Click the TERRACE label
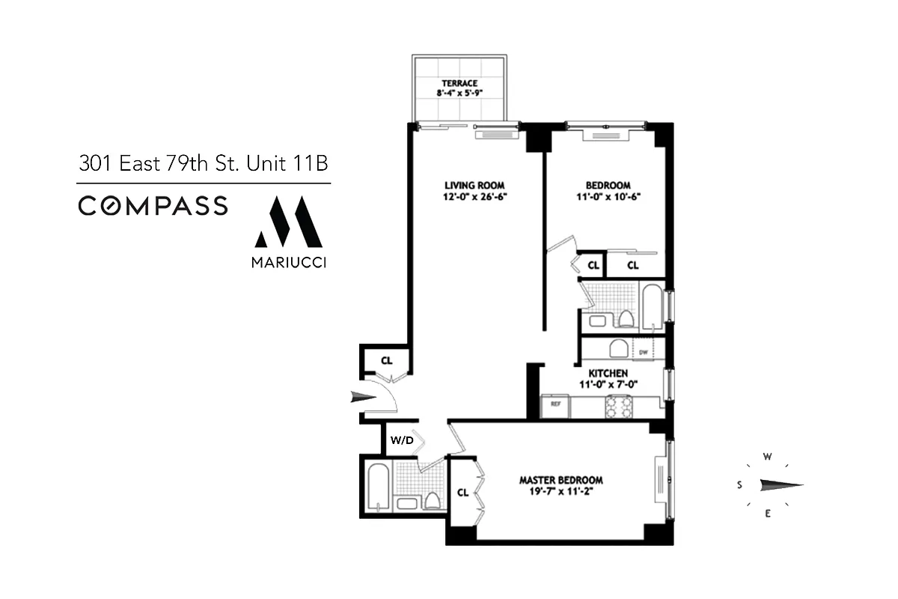tap(459, 83)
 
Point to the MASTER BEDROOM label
tap(561, 480)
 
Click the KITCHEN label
tap(608, 373)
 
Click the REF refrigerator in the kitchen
tap(556, 404)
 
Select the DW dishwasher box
tap(643, 350)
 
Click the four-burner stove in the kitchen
tap(620, 406)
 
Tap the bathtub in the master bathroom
tap(377, 487)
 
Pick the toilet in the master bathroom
tap(433, 500)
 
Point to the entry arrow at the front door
tap(365, 397)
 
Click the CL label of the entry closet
tap(386, 360)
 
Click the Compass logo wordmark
tap(153, 205)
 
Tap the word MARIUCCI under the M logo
tap(288, 263)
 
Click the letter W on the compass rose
tap(767, 456)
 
